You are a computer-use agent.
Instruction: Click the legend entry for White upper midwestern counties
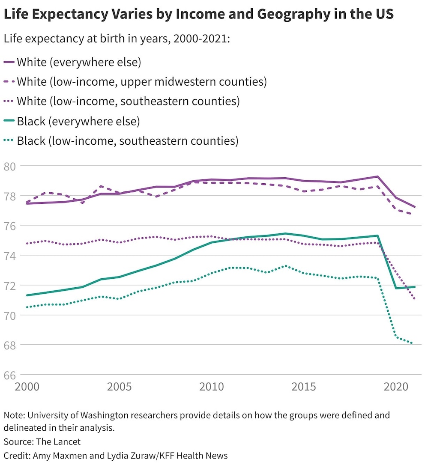tap(141, 82)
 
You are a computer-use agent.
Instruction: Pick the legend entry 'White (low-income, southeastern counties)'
tap(128, 101)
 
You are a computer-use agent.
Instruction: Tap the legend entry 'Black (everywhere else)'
tap(78, 121)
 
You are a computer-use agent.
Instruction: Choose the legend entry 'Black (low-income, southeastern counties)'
tap(127, 141)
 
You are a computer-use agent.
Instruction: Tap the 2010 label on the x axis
tap(211, 387)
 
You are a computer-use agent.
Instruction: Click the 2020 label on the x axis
tap(396, 387)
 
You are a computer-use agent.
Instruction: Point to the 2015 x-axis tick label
tap(303, 387)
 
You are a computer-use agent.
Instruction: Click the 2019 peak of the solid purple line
tap(377, 176)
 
